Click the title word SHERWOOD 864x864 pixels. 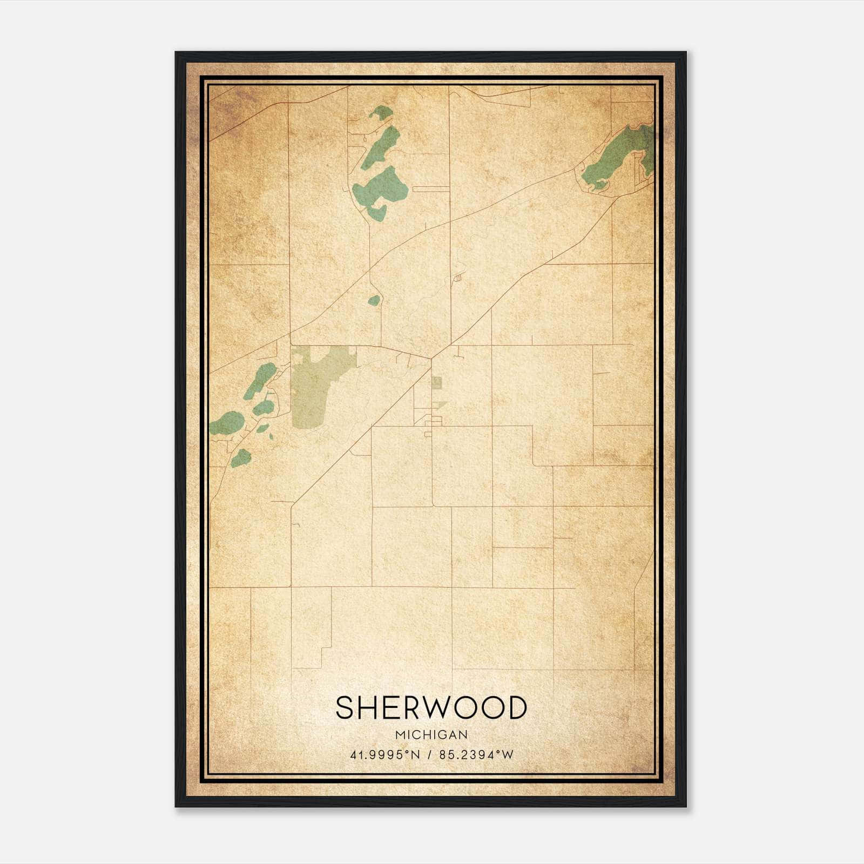(431, 708)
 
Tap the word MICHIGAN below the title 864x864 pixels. (431, 735)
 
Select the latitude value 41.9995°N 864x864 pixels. (384, 755)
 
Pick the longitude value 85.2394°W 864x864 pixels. (476, 755)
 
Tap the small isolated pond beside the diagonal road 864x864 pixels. (374, 300)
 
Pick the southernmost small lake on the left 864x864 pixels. (241, 458)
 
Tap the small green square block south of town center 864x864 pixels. (436, 382)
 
